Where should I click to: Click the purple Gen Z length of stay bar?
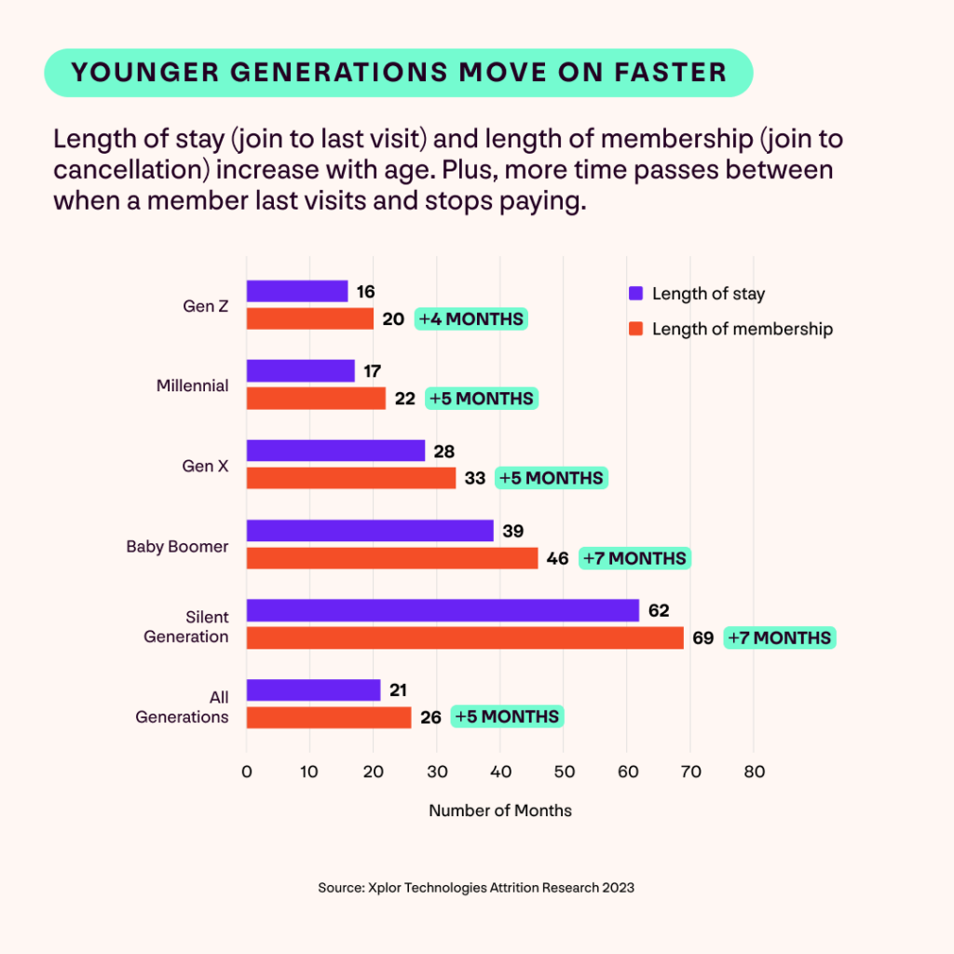(x=297, y=292)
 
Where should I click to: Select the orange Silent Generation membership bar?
(x=465, y=638)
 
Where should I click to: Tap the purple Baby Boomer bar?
(x=370, y=531)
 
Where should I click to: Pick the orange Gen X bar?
(x=351, y=478)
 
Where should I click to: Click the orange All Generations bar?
(x=329, y=717)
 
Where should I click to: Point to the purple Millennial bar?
(x=301, y=371)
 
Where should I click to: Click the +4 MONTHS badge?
(x=471, y=319)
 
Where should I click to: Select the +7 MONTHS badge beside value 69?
(x=780, y=638)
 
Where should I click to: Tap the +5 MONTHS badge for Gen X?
(x=552, y=478)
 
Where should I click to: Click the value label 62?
(x=659, y=611)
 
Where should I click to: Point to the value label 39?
(x=513, y=531)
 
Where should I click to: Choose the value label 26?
(x=430, y=717)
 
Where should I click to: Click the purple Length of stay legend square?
(x=636, y=293)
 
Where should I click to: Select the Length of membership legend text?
(x=742, y=329)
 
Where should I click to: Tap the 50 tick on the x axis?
(x=564, y=772)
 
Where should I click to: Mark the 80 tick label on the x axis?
(x=754, y=772)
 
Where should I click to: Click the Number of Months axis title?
(x=500, y=811)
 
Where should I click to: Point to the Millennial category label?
(x=193, y=386)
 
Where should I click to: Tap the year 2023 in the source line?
(x=617, y=888)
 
